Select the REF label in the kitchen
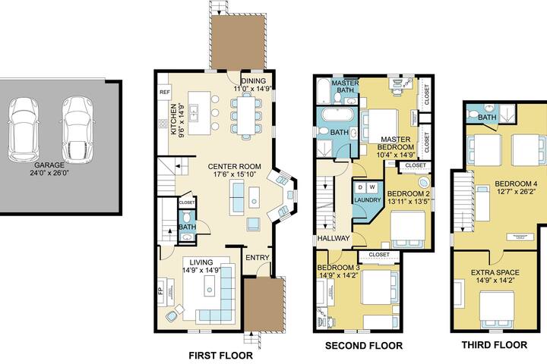[x=163, y=93]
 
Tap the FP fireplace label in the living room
[x=160, y=291]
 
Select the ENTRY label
[x=258, y=258]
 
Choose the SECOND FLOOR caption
[x=364, y=346]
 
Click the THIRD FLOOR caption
[x=494, y=345]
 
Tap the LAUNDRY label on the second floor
[x=365, y=200]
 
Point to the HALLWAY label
[x=334, y=239]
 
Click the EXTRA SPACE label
[x=493, y=271]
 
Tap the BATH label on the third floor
[x=487, y=118]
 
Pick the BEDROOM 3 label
[x=338, y=268]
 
